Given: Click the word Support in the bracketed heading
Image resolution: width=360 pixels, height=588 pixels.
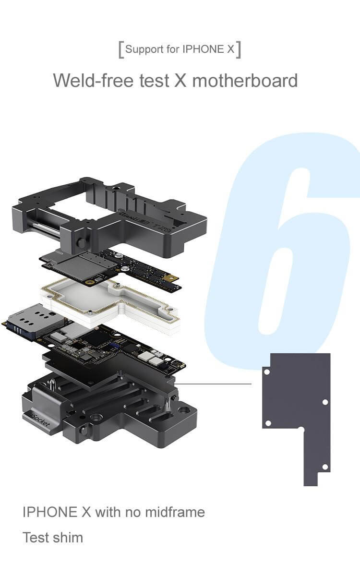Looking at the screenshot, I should (x=144, y=49).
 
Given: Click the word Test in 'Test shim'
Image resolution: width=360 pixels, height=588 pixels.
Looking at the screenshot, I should (x=36, y=537).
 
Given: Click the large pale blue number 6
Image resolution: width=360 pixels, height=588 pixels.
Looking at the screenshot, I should (x=288, y=250).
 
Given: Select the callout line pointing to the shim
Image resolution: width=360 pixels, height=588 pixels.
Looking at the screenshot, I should (x=216, y=384).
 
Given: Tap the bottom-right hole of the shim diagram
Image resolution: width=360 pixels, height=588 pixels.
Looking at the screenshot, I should (x=325, y=467).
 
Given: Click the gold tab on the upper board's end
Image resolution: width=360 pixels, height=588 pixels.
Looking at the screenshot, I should (x=169, y=277).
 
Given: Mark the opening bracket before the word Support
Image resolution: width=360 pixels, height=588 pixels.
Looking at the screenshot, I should (x=120, y=50).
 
